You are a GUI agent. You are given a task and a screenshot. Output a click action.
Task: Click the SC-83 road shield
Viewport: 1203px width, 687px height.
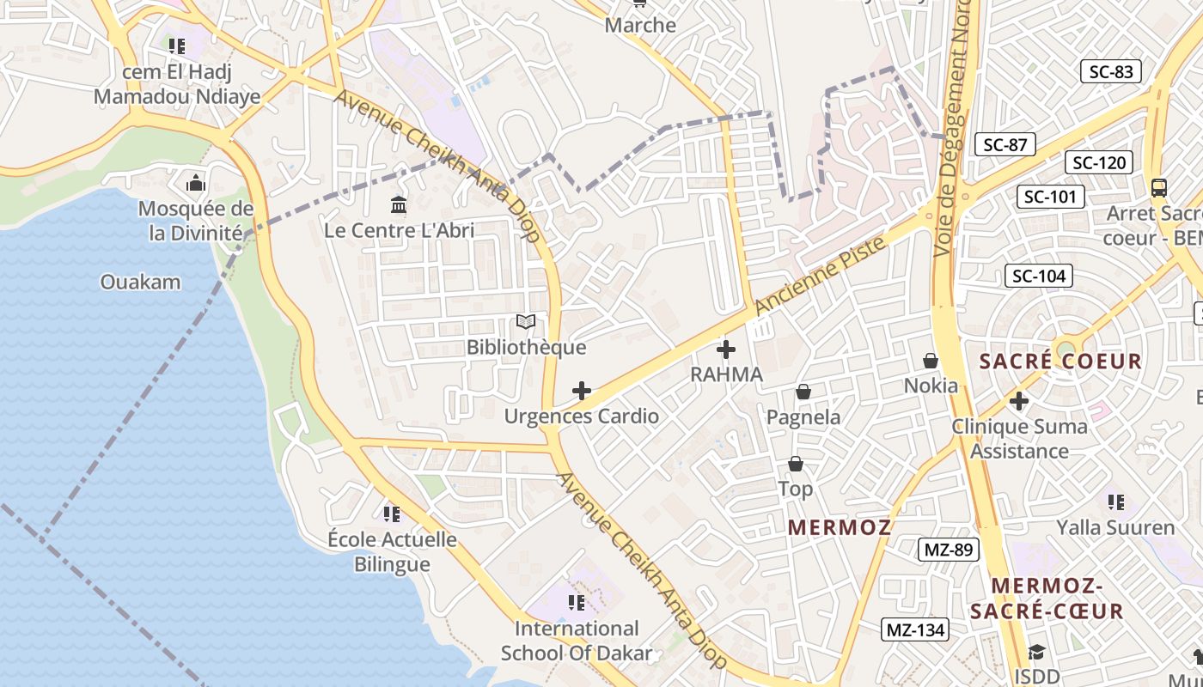point(1111,72)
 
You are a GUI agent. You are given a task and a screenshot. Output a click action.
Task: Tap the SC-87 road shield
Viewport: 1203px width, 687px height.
point(1005,145)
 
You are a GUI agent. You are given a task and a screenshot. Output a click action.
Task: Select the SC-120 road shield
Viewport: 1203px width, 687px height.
point(1099,162)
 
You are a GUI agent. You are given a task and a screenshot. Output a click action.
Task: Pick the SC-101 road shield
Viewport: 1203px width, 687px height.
point(1050,197)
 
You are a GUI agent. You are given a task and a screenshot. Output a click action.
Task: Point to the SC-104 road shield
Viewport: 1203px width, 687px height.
point(1039,276)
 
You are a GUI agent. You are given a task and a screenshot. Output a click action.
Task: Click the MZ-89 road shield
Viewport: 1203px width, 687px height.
point(949,550)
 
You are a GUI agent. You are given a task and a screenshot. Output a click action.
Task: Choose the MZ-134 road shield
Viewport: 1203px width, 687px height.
point(915,630)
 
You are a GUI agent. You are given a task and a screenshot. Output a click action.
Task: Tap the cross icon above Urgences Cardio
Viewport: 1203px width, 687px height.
point(582,392)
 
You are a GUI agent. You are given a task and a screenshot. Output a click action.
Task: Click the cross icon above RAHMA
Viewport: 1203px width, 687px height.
point(726,350)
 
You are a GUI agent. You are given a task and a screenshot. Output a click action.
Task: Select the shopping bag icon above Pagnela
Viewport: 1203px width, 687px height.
point(803,392)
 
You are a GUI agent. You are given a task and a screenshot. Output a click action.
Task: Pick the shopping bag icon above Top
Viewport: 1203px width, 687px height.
point(796,465)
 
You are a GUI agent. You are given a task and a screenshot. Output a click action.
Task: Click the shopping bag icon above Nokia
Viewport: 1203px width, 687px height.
point(931,361)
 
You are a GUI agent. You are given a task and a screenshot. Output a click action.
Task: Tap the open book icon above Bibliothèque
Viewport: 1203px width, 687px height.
point(526,322)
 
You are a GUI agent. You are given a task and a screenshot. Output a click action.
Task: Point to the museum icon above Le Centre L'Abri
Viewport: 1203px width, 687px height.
point(399,204)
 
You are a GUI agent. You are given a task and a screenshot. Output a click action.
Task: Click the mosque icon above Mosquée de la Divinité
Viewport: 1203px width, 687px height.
point(196,183)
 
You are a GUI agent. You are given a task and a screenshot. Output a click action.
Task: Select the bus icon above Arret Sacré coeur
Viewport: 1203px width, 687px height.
point(1159,187)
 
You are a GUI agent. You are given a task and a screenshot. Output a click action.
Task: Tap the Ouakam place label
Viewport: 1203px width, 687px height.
point(141,282)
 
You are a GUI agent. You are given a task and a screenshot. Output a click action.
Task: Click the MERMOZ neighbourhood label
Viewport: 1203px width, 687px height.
point(840,527)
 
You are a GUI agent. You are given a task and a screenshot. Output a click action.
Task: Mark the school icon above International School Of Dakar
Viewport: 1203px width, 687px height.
point(577,603)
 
